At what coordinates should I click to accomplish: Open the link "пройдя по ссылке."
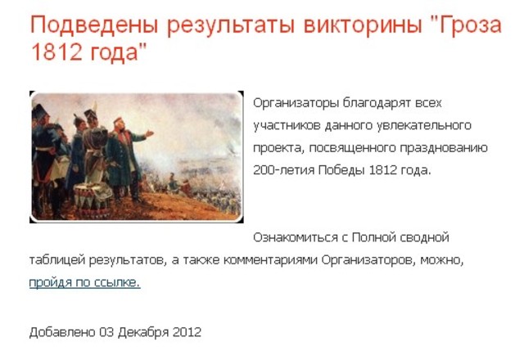click(x=84, y=282)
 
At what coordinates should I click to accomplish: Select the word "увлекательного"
click(x=430, y=125)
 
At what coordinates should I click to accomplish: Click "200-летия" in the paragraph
click(x=278, y=170)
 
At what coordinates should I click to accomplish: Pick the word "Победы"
click(x=337, y=170)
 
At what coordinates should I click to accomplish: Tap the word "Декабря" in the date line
click(x=143, y=332)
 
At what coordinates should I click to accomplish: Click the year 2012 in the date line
click(x=187, y=332)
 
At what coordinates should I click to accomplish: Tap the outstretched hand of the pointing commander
click(x=148, y=132)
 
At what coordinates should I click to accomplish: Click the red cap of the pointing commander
click(x=117, y=119)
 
